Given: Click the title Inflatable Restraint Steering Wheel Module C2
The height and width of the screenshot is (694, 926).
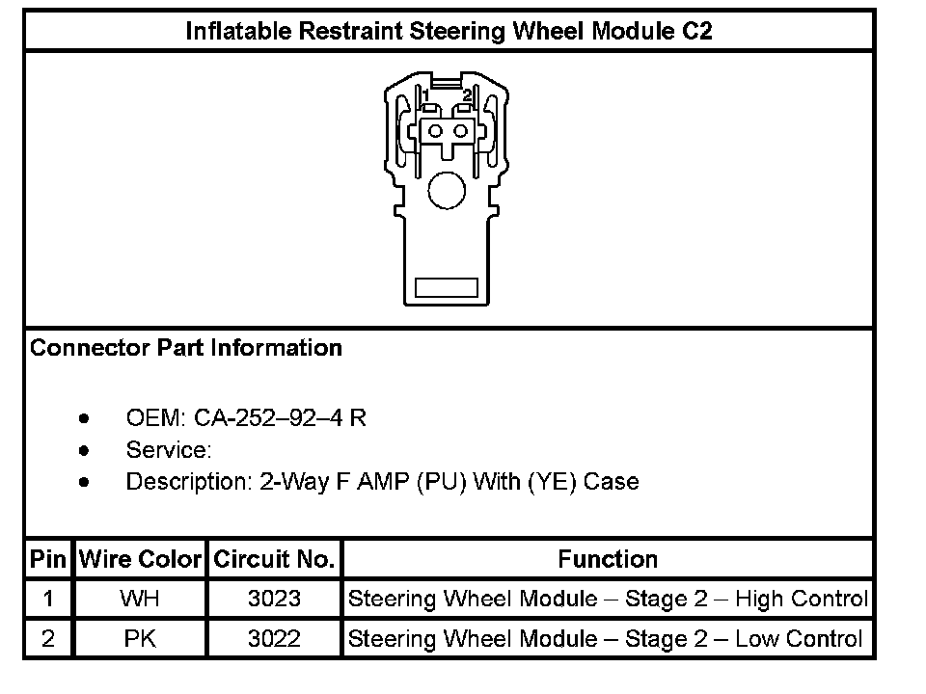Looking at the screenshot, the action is pyautogui.click(x=449, y=31).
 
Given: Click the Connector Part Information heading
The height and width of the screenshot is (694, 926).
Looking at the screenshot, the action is pyautogui.click(x=186, y=348).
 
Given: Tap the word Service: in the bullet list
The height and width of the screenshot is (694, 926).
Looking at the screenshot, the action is pyautogui.click(x=169, y=449).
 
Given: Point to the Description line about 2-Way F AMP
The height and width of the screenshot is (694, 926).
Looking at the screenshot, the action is pyautogui.click(x=382, y=481).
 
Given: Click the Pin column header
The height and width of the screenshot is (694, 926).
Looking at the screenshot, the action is pyautogui.click(x=48, y=559).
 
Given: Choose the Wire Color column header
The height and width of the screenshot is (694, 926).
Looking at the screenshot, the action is pyautogui.click(x=140, y=559).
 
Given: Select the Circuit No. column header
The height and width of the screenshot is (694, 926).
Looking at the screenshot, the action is pyautogui.click(x=274, y=559).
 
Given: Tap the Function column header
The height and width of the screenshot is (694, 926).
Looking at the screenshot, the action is pyautogui.click(x=608, y=559).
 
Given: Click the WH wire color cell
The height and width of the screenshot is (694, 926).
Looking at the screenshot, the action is pyautogui.click(x=140, y=599).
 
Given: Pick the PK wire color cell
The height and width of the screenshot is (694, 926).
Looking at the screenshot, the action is pyautogui.click(x=140, y=638).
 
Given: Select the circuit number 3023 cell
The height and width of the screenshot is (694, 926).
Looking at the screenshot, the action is pyautogui.click(x=274, y=599).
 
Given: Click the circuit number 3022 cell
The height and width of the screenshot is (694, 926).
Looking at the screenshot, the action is pyautogui.click(x=274, y=638).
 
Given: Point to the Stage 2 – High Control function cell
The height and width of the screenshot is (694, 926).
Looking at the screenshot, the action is pyautogui.click(x=608, y=599).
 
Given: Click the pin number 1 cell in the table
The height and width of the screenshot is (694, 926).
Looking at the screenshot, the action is pyautogui.click(x=48, y=599).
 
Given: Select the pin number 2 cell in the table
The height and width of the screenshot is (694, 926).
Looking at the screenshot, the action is pyautogui.click(x=48, y=638).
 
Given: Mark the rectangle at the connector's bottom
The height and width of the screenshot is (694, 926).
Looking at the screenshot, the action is pyautogui.click(x=446, y=287).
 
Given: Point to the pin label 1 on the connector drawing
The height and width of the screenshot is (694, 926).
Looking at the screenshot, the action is pyautogui.click(x=425, y=94).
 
